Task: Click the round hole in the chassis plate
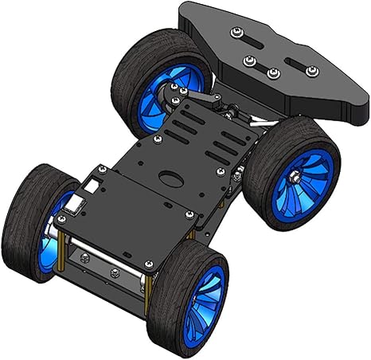point(170,176)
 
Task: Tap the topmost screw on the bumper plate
point(236,32)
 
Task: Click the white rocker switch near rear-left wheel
point(77,205)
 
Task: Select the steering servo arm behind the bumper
point(199,99)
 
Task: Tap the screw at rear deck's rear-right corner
point(147,264)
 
